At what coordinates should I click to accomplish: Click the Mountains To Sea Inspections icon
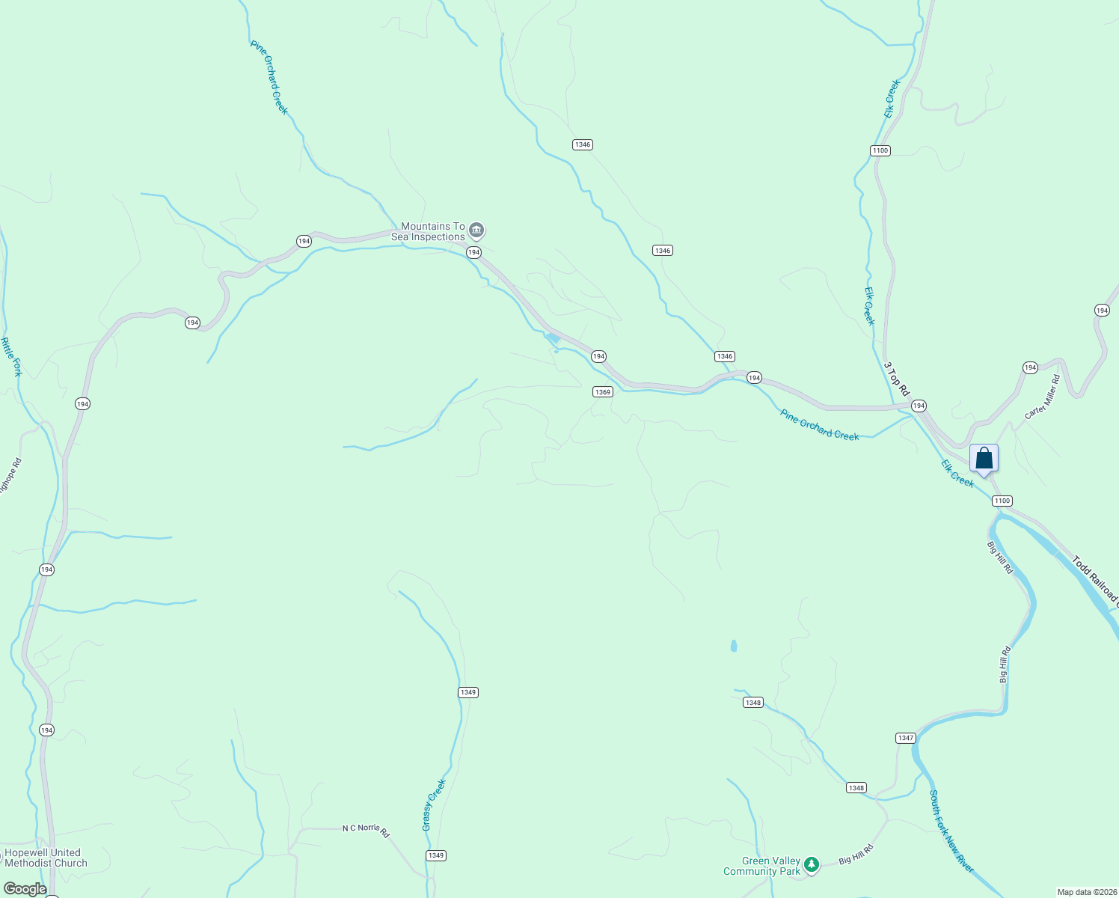point(476,231)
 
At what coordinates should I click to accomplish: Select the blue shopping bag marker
point(984,458)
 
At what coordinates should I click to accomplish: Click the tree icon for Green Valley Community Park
point(812,866)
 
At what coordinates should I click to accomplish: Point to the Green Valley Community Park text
point(761,867)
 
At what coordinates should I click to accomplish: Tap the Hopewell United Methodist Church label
point(46,858)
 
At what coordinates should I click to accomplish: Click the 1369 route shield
point(602,392)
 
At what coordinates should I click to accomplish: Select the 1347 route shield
point(905,738)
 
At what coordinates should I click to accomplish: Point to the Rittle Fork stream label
point(11,357)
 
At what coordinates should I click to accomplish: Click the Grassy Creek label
point(434,804)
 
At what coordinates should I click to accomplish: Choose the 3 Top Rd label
point(896,379)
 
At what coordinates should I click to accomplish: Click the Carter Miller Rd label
point(1043,397)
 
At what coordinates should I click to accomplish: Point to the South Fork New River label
point(951,831)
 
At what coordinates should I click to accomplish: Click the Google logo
point(25,889)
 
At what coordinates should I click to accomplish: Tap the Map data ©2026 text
point(1087,892)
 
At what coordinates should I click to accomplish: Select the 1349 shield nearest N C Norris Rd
point(435,855)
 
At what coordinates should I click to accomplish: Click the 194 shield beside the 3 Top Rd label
point(919,406)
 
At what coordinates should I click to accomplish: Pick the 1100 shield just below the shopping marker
point(1002,501)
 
